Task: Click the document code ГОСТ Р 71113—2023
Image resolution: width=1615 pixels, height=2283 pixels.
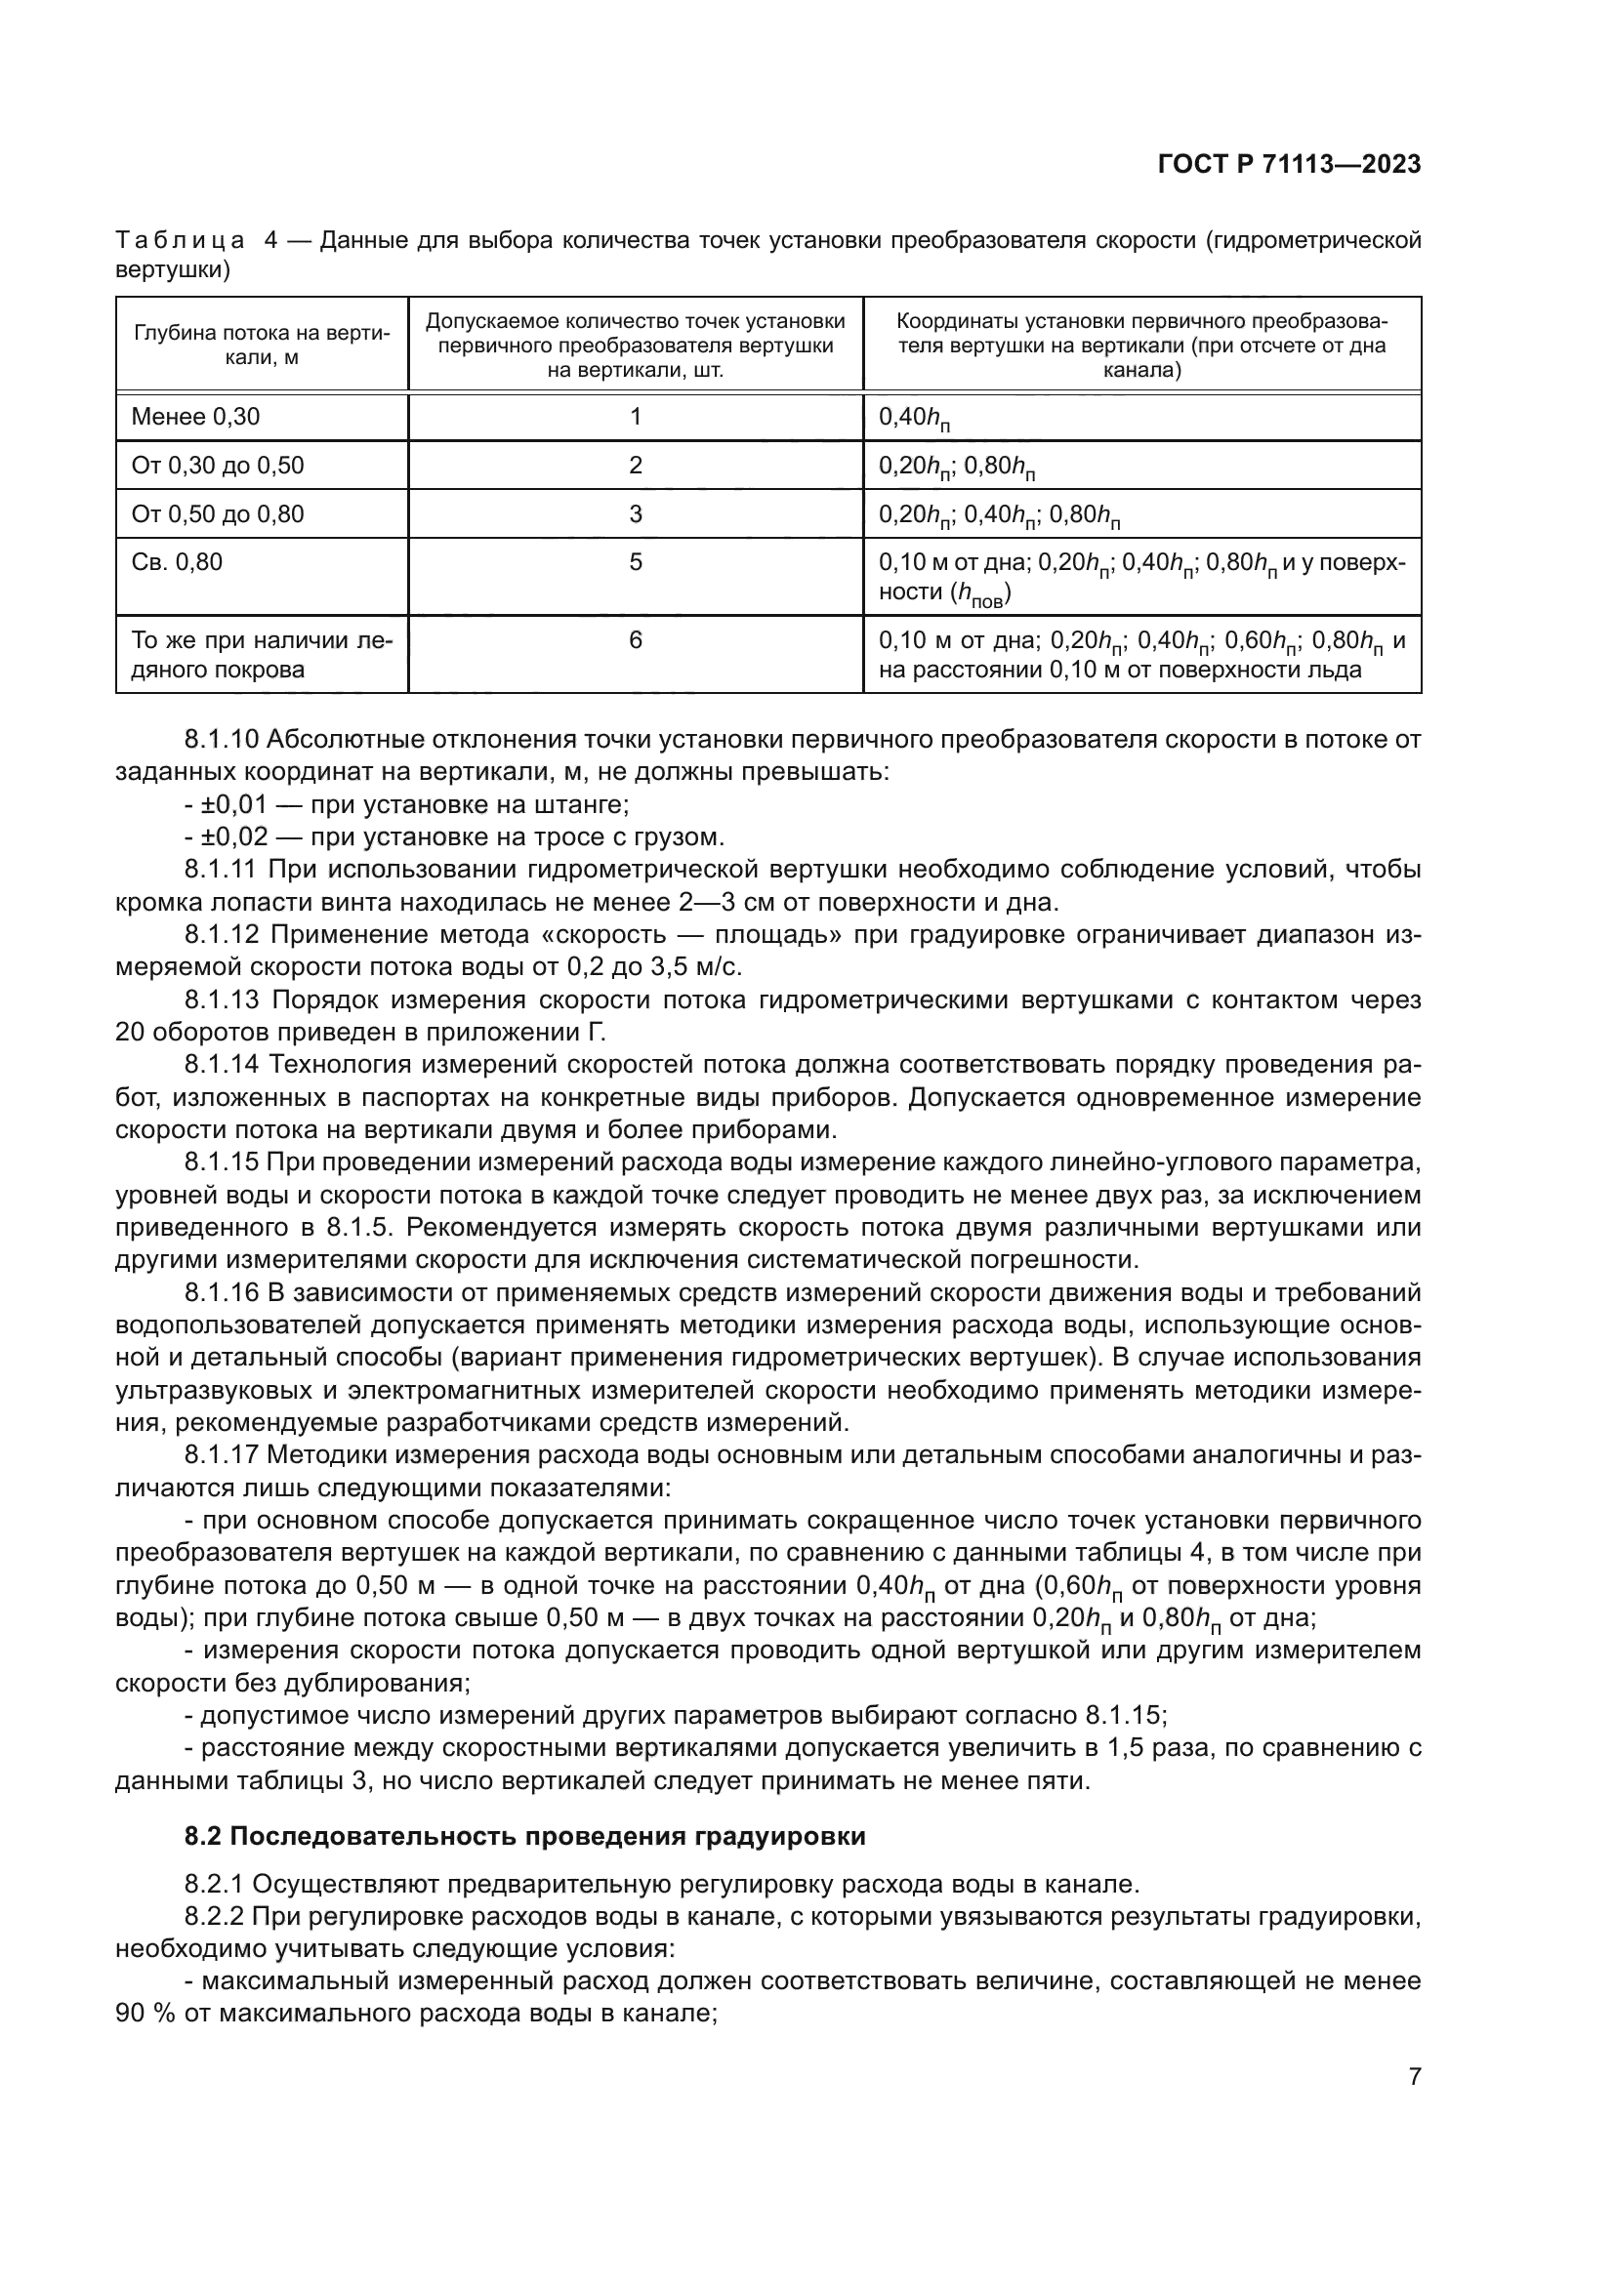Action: coord(1289,165)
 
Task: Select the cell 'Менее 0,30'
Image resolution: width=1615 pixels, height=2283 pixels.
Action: coord(196,417)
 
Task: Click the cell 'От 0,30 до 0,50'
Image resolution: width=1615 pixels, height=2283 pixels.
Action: coord(218,466)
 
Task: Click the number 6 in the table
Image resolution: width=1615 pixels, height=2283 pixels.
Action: coord(636,640)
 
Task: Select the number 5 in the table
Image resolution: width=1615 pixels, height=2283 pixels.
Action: coord(636,562)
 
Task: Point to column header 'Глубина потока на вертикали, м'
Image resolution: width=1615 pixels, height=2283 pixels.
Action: coord(262,345)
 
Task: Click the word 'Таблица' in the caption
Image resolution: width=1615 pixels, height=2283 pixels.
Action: coord(180,241)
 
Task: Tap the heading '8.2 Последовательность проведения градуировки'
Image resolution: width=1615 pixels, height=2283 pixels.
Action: coord(525,1836)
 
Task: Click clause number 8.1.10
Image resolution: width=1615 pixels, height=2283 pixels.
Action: coord(222,739)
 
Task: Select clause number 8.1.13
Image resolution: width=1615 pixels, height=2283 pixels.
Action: coord(222,999)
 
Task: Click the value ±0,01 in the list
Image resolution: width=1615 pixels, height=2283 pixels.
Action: coord(234,804)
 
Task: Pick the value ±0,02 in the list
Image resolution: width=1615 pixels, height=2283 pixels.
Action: coord(234,837)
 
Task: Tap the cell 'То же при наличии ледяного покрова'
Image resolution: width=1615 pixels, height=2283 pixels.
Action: coord(262,654)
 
